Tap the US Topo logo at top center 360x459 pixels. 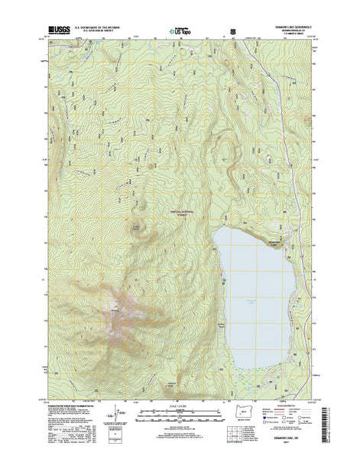pos(180,32)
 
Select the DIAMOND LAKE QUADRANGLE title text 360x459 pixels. pos(281,28)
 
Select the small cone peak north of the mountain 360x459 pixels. pos(138,226)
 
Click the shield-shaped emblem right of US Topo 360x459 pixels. pos(232,32)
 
